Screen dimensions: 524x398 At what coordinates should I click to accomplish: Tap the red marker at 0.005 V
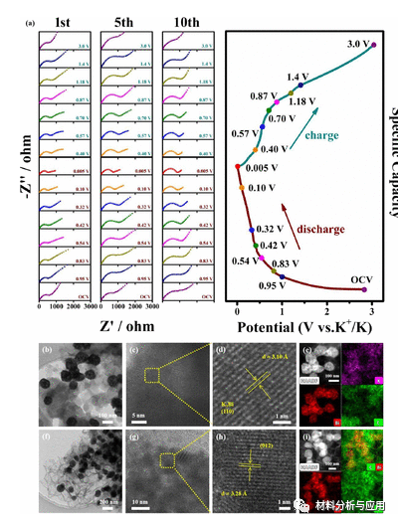point(237,167)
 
